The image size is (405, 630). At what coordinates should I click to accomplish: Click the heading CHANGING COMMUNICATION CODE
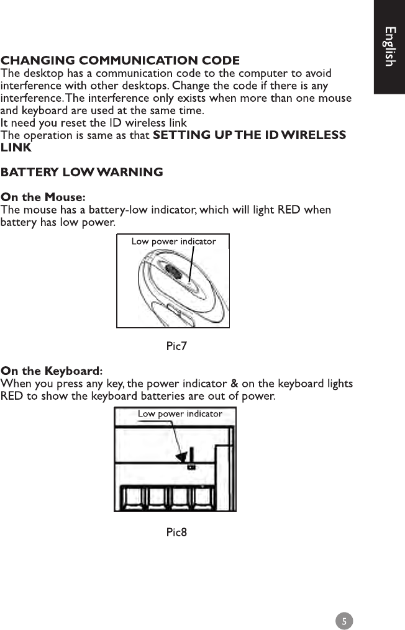click(x=120, y=61)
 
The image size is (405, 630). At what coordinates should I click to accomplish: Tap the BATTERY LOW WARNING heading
click(x=82, y=172)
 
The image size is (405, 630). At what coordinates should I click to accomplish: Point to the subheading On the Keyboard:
click(x=52, y=372)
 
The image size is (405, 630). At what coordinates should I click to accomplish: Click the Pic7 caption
click(x=176, y=346)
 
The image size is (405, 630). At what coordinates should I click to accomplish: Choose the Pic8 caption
click(x=176, y=532)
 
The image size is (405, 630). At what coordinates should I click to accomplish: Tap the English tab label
click(x=389, y=47)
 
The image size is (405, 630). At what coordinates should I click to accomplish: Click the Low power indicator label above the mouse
click(x=173, y=241)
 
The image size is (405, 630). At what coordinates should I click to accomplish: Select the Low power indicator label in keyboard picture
click(x=180, y=413)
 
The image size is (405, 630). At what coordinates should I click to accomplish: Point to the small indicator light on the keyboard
click(x=191, y=467)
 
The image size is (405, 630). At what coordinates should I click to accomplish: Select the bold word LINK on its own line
click(x=16, y=148)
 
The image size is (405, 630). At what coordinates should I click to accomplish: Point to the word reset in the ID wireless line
click(x=76, y=123)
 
